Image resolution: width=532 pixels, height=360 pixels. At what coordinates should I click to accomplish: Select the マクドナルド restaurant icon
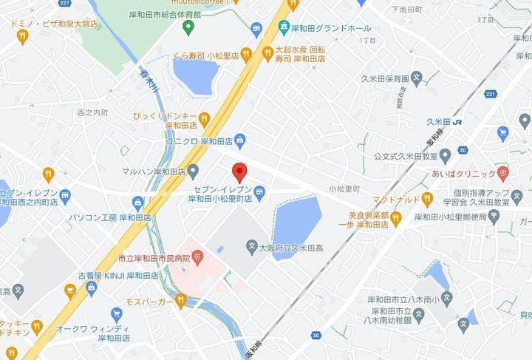426,198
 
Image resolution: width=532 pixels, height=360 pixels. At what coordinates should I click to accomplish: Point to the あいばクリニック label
463,174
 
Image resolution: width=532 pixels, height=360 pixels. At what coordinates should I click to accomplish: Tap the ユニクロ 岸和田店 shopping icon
241,140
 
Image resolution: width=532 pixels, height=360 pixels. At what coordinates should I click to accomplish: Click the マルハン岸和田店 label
154,171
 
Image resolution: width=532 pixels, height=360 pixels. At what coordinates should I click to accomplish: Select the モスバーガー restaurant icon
180,302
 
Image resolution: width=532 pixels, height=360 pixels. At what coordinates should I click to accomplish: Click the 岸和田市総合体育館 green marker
188,28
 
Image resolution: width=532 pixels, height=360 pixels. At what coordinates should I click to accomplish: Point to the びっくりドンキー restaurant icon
204,118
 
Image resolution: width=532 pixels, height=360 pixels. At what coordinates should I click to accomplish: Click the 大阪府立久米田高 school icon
251,248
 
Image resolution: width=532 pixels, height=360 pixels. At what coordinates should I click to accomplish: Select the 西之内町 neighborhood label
92,112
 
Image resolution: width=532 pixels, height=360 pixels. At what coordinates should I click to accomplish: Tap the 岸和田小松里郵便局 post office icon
494,217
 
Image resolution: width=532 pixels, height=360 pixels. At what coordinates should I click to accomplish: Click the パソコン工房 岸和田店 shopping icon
137,202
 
